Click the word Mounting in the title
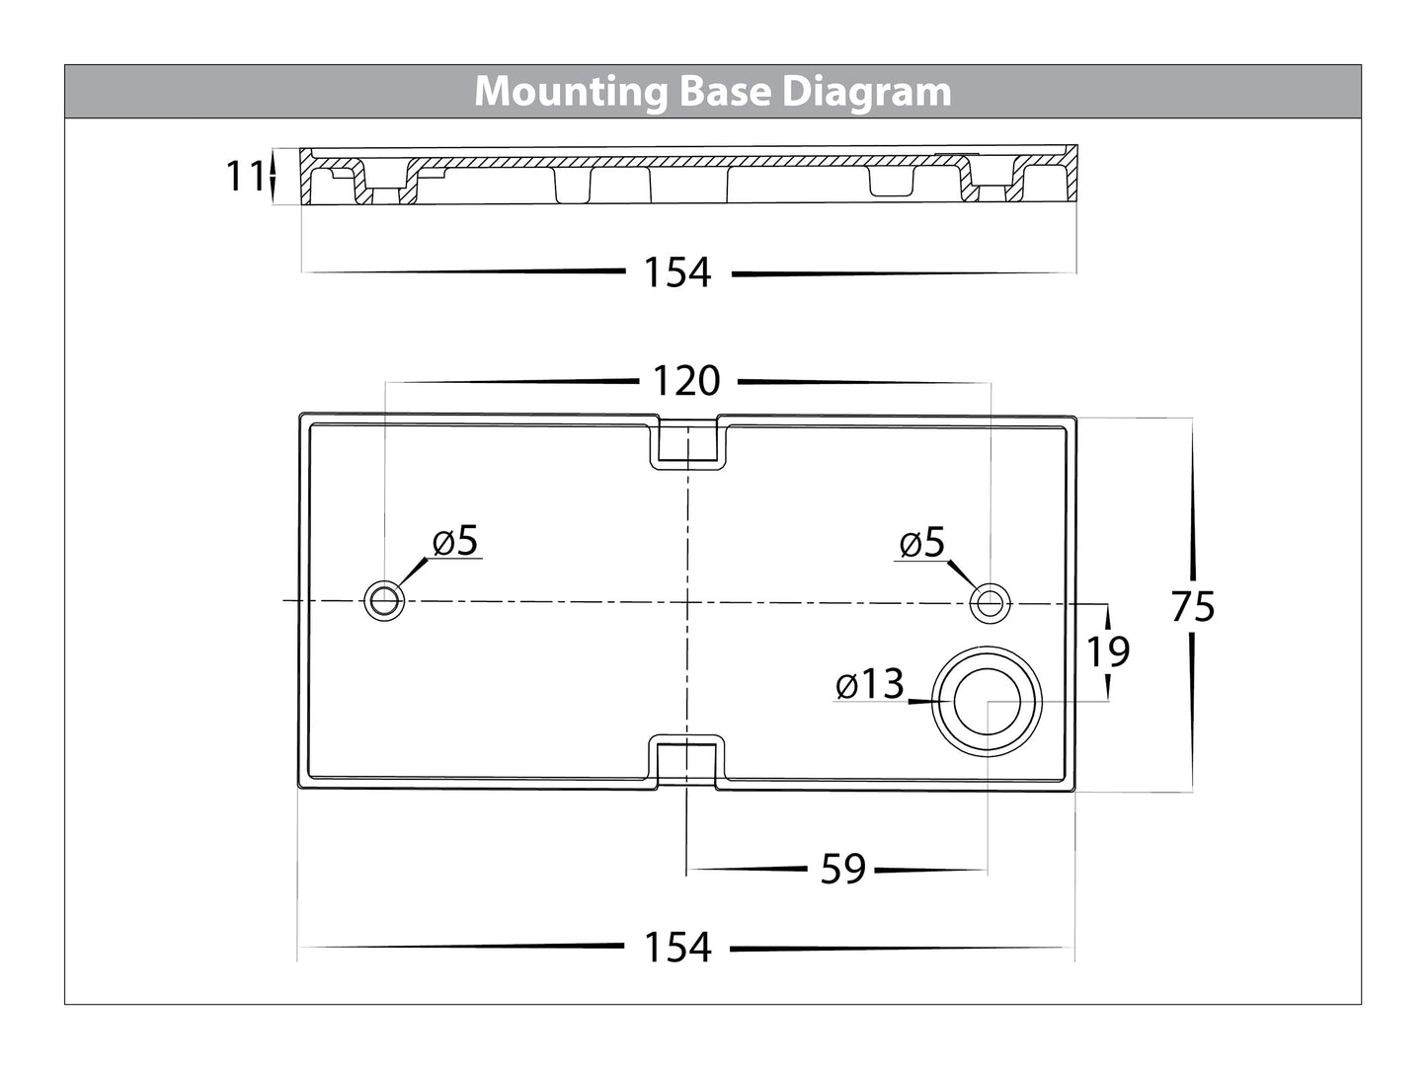click(x=571, y=92)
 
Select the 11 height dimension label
click(x=244, y=177)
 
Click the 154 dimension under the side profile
click(x=677, y=272)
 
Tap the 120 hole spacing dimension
click(x=686, y=380)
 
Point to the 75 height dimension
click(x=1192, y=607)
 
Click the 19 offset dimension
click(x=1108, y=651)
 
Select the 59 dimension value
click(x=843, y=870)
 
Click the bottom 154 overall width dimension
click(x=677, y=948)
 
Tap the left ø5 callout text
click(x=455, y=541)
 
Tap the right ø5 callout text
click(x=922, y=542)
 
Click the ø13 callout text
click(x=869, y=684)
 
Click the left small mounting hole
click(x=384, y=600)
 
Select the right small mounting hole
click(x=990, y=601)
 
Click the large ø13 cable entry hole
click(x=988, y=701)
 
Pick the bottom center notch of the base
click(x=687, y=761)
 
